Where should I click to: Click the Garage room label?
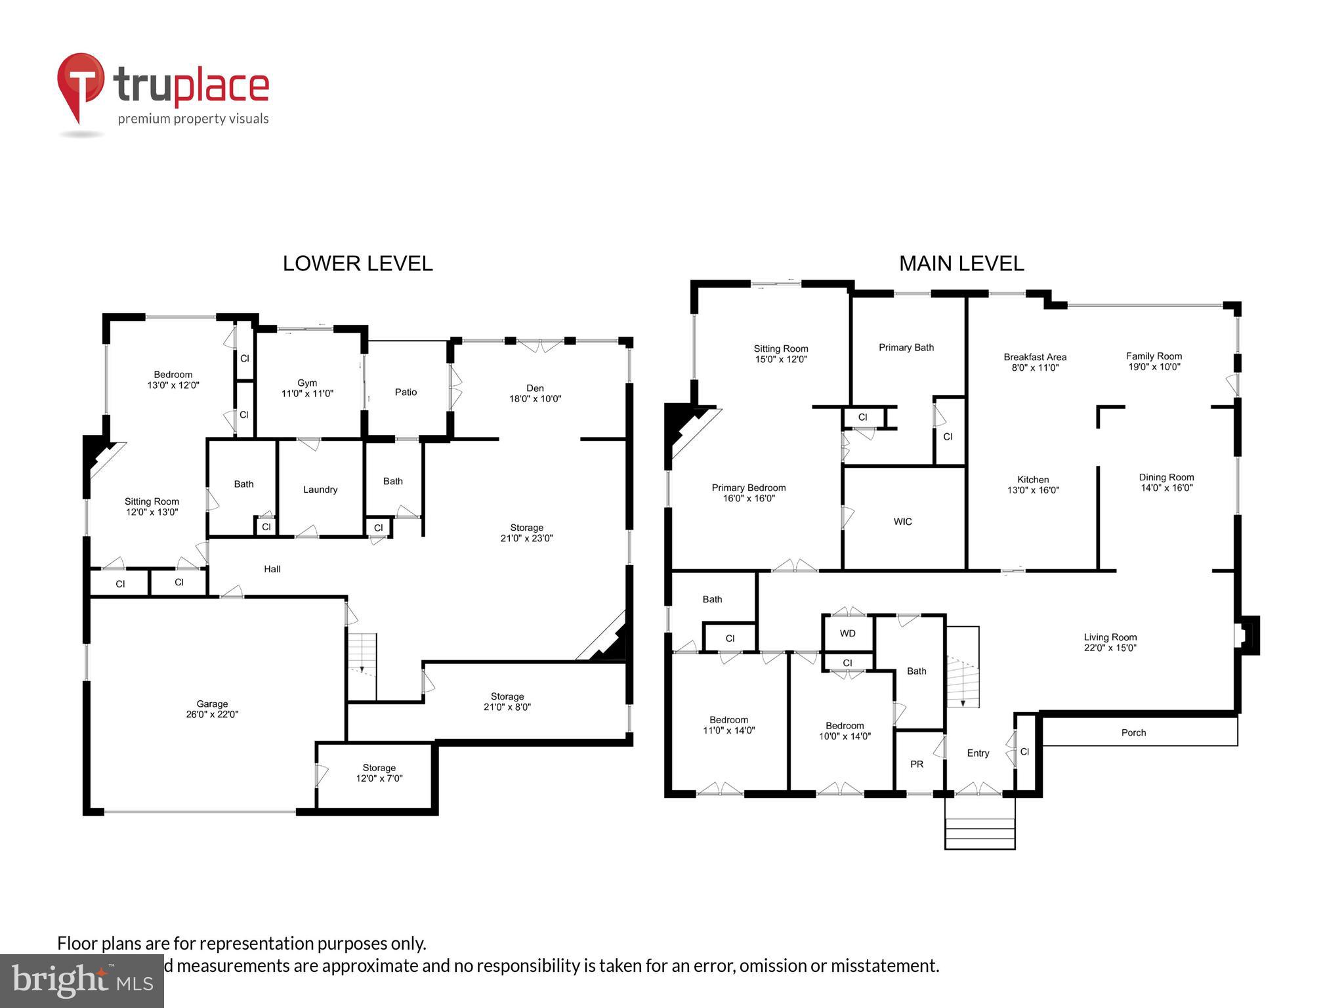click(x=212, y=709)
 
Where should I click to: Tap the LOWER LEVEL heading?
click(x=358, y=264)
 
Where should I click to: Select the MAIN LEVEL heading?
click(x=961, y=264)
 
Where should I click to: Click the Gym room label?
click(x=307, y=388)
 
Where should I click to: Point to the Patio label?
click(x=406, y=392)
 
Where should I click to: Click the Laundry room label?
click(x=320, y=490)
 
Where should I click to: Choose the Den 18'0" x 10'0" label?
click(x=535, y=393)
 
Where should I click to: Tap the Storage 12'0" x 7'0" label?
click(x=379, y=772)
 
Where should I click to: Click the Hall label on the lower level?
click(x=272, y=569)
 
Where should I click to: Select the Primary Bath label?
click(x=906, y=347)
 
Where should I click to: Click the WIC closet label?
click(x=902, y=522)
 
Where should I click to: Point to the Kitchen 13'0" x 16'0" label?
click(x=1033, y=484)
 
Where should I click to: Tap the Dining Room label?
click(x=1166, y=482)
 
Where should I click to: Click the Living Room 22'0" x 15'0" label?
click(x=1110, y=642)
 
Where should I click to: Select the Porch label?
click(x=1133, y=732)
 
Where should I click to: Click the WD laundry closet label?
click(x=847, y=633)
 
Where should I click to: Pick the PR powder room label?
click(x=917, y=764)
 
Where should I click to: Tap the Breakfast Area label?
click(x=1035, y=362)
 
